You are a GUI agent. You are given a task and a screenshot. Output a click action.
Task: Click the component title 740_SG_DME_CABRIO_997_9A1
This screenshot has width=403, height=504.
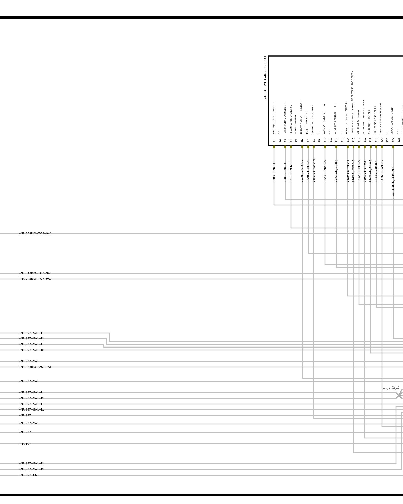point(265,78)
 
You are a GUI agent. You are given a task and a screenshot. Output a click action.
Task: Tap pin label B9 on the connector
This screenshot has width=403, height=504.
point(319,141)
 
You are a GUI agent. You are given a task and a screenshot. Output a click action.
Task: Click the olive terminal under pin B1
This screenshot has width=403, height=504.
point(274,147)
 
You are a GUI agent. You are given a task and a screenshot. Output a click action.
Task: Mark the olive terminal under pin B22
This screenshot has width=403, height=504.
point(393,147)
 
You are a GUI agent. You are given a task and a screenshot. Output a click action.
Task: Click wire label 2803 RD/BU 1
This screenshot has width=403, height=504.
point(274,172)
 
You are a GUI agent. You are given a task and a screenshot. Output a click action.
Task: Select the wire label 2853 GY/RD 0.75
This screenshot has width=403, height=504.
point(314,170)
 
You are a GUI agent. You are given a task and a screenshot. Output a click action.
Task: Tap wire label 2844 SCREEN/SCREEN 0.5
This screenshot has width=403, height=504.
point(393,181)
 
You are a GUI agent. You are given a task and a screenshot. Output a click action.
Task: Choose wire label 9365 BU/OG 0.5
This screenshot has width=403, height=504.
point(353,171)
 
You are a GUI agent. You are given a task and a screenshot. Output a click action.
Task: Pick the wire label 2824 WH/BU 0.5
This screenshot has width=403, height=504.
point(336,171)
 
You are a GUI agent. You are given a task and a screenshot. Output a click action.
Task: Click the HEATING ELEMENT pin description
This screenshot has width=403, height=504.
point(296,124)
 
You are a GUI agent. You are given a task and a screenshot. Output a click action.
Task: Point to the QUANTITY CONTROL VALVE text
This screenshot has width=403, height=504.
point(313,119)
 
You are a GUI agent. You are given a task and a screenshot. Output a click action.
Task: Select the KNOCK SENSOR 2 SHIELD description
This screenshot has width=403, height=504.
point(392,121)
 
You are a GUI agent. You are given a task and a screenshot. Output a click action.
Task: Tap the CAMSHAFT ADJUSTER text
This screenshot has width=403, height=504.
point(324,123)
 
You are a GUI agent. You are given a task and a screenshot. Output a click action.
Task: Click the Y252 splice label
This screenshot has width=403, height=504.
point(395,387)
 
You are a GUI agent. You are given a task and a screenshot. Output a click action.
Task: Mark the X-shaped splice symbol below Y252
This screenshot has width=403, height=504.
point(399,395)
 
